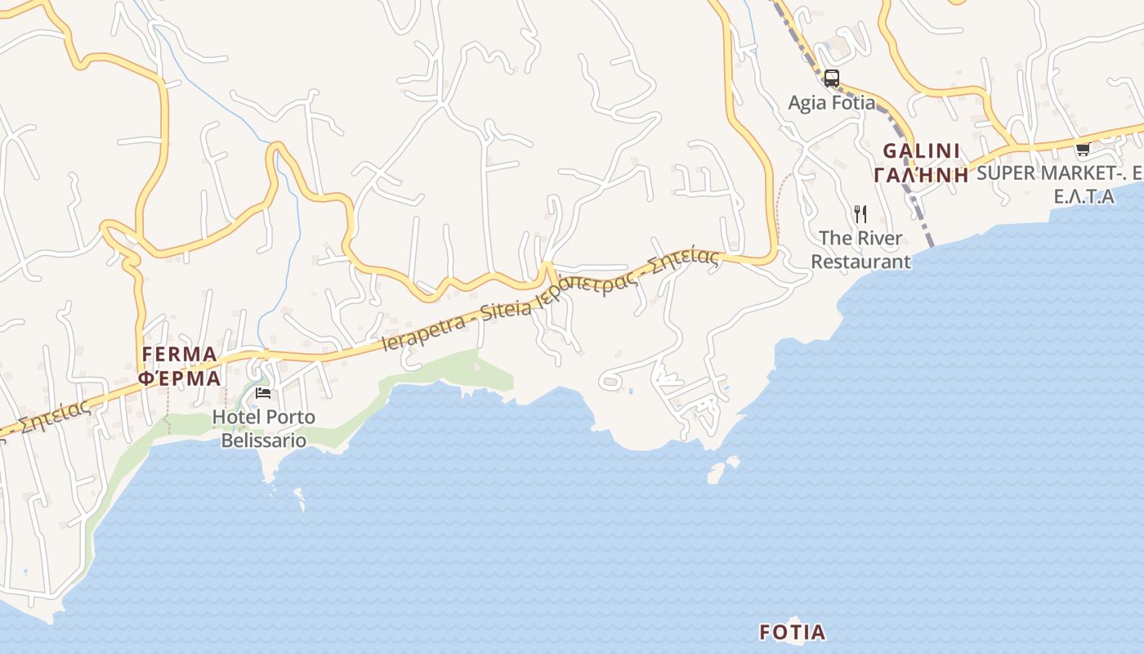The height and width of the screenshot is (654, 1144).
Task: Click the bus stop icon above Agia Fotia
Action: point(831,78)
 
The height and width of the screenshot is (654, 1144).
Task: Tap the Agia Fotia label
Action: point(831,103)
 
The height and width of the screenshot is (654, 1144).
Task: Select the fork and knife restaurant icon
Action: point(860,214)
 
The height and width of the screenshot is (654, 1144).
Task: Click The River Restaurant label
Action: point(860,250)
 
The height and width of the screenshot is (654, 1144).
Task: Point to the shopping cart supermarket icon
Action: point(1083,149)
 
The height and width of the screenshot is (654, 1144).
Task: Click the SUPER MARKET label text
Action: point(1054,173)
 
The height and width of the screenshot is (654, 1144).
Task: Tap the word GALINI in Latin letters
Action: point(921,151)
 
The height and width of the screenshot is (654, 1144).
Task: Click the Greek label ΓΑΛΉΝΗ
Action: point(921,174)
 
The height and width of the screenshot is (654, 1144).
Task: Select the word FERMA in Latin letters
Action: point(180,355)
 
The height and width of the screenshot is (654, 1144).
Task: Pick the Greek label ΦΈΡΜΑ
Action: point(180,378)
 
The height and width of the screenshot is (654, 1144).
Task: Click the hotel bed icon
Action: point(263,393)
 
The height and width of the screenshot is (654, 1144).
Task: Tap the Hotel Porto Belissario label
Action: point(263,429)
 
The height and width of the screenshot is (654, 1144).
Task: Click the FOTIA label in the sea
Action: point(792,632)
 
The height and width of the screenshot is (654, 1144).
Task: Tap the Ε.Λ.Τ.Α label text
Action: point(1084,197)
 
